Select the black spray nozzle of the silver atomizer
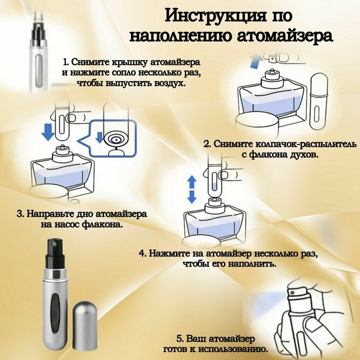(x=54, y=249)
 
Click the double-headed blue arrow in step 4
(x=192, y=189)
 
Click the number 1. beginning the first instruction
(x=66, y=62)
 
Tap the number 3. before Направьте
(x=20, y=214)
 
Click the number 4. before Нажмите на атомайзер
(x=142, y=253)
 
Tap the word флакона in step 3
(x=105, y=224)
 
